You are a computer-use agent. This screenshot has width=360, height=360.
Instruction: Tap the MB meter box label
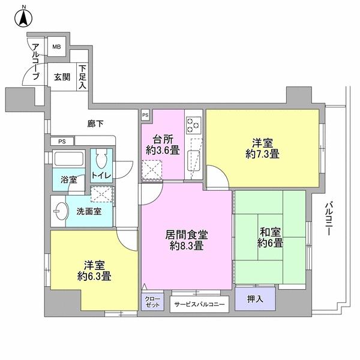click(x=56, y=47)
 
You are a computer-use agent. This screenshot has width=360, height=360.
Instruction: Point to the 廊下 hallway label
click(x=95, y=124)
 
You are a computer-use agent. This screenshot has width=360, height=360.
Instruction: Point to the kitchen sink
click(x=194, y=160)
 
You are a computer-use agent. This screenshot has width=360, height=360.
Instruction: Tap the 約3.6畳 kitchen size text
click(x=163, y=151)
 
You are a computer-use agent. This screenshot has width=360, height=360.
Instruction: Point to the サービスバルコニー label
click(x=200, y=305)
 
